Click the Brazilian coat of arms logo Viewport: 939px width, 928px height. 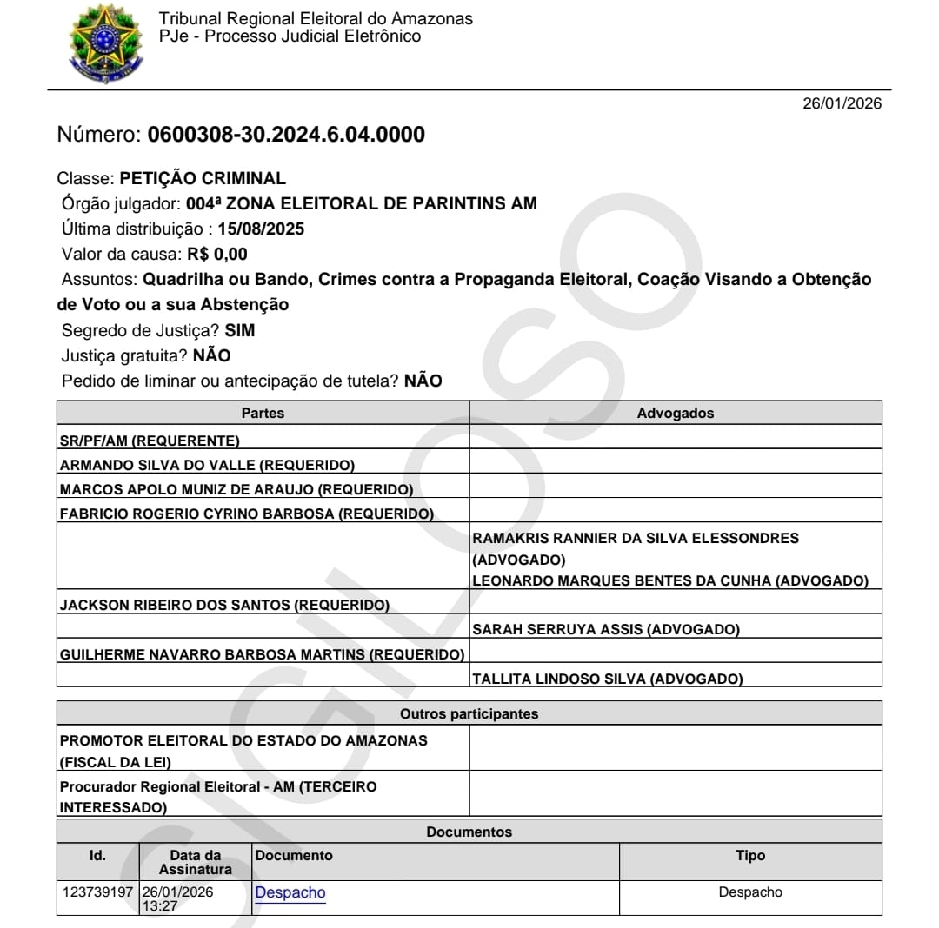pyautogui.click(x=105, y=43)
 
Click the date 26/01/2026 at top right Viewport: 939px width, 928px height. pyautogui.click(x=841, y=103)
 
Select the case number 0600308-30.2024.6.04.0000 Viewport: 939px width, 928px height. pyautogui.click(x=286, y=135)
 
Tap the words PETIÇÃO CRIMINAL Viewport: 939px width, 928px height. pyautogui.click(x=203, y=179)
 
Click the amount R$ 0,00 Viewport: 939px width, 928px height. pyautogui.click(x=217, y=255)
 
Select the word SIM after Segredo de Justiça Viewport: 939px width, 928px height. pyautogui.click(x=240, y=331)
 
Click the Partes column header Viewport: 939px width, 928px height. pyautogui.click(x=263, y=413)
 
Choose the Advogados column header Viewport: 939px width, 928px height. pyautogui.click(x=675, y=413)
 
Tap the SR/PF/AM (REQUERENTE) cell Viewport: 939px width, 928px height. pyautogui.click(x=150, y=441)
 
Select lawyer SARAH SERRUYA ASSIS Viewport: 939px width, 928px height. pyautogui.click(x=605, y=629)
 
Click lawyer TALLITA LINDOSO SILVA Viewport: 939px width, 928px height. pyautogui.click(x=607, y=679)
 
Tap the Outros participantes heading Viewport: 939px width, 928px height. pyautogui.click(x=469, y=714)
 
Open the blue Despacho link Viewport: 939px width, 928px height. pyautogui.click(x=290, y=892)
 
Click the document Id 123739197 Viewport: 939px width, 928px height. pyautogui.click(x=97, y=892)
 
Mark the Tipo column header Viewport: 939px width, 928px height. pyautogui.click(x=749, y=856)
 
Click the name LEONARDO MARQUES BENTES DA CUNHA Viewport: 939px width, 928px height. pyautogui.click(x=623, y=580)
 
